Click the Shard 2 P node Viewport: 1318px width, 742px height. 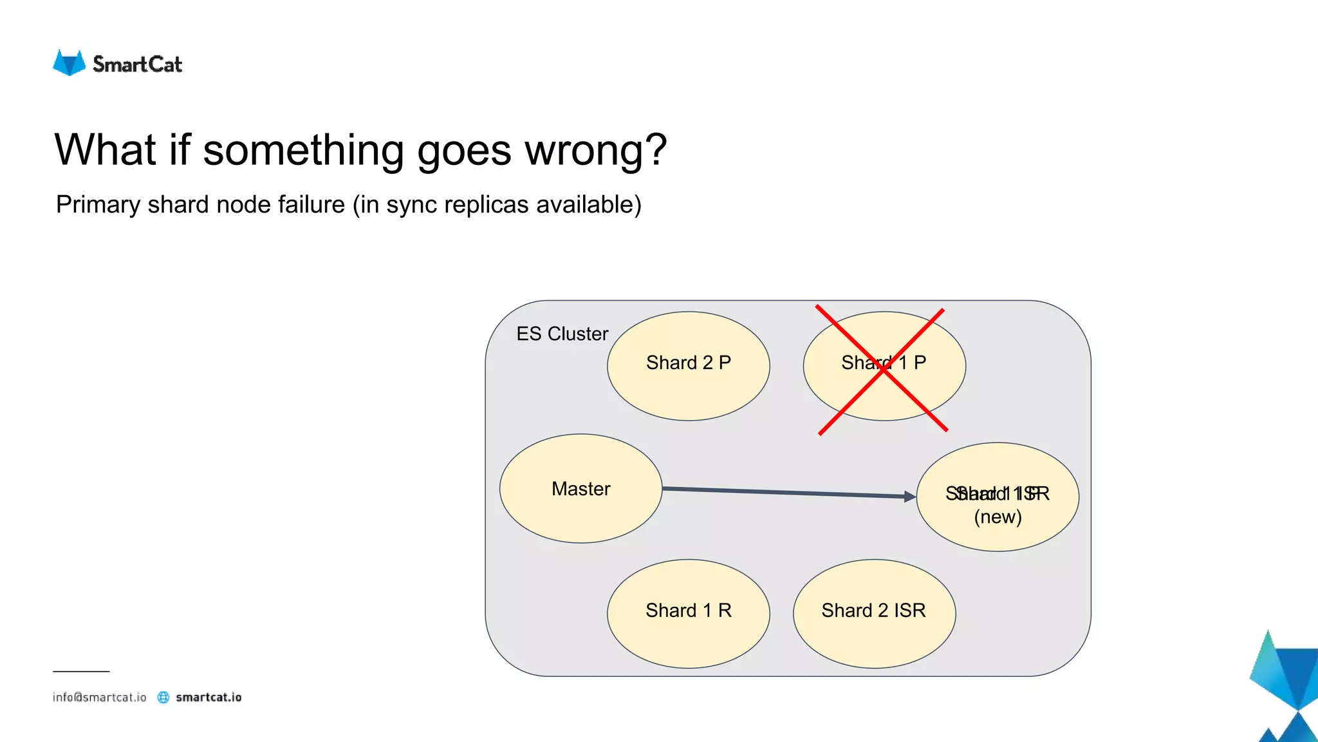pos(688,365)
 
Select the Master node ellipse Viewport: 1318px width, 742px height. pos(580,488)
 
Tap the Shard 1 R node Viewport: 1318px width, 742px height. pos(688,613)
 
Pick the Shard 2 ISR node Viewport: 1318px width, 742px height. pos(874,613)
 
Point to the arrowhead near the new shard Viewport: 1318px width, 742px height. pos(910,496)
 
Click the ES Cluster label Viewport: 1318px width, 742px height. pos(562,334)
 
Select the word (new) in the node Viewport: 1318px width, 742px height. pos(998,517)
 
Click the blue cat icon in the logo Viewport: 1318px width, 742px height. pos(69,63)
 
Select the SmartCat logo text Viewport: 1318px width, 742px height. pos(137,64)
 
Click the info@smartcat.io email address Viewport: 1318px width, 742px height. pos(99,697)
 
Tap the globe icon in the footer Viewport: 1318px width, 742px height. pos(163,697)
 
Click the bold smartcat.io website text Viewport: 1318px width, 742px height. pos(209,697)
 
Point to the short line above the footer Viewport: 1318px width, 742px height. pos(81,671)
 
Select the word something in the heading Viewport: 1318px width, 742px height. pos(302,150)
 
